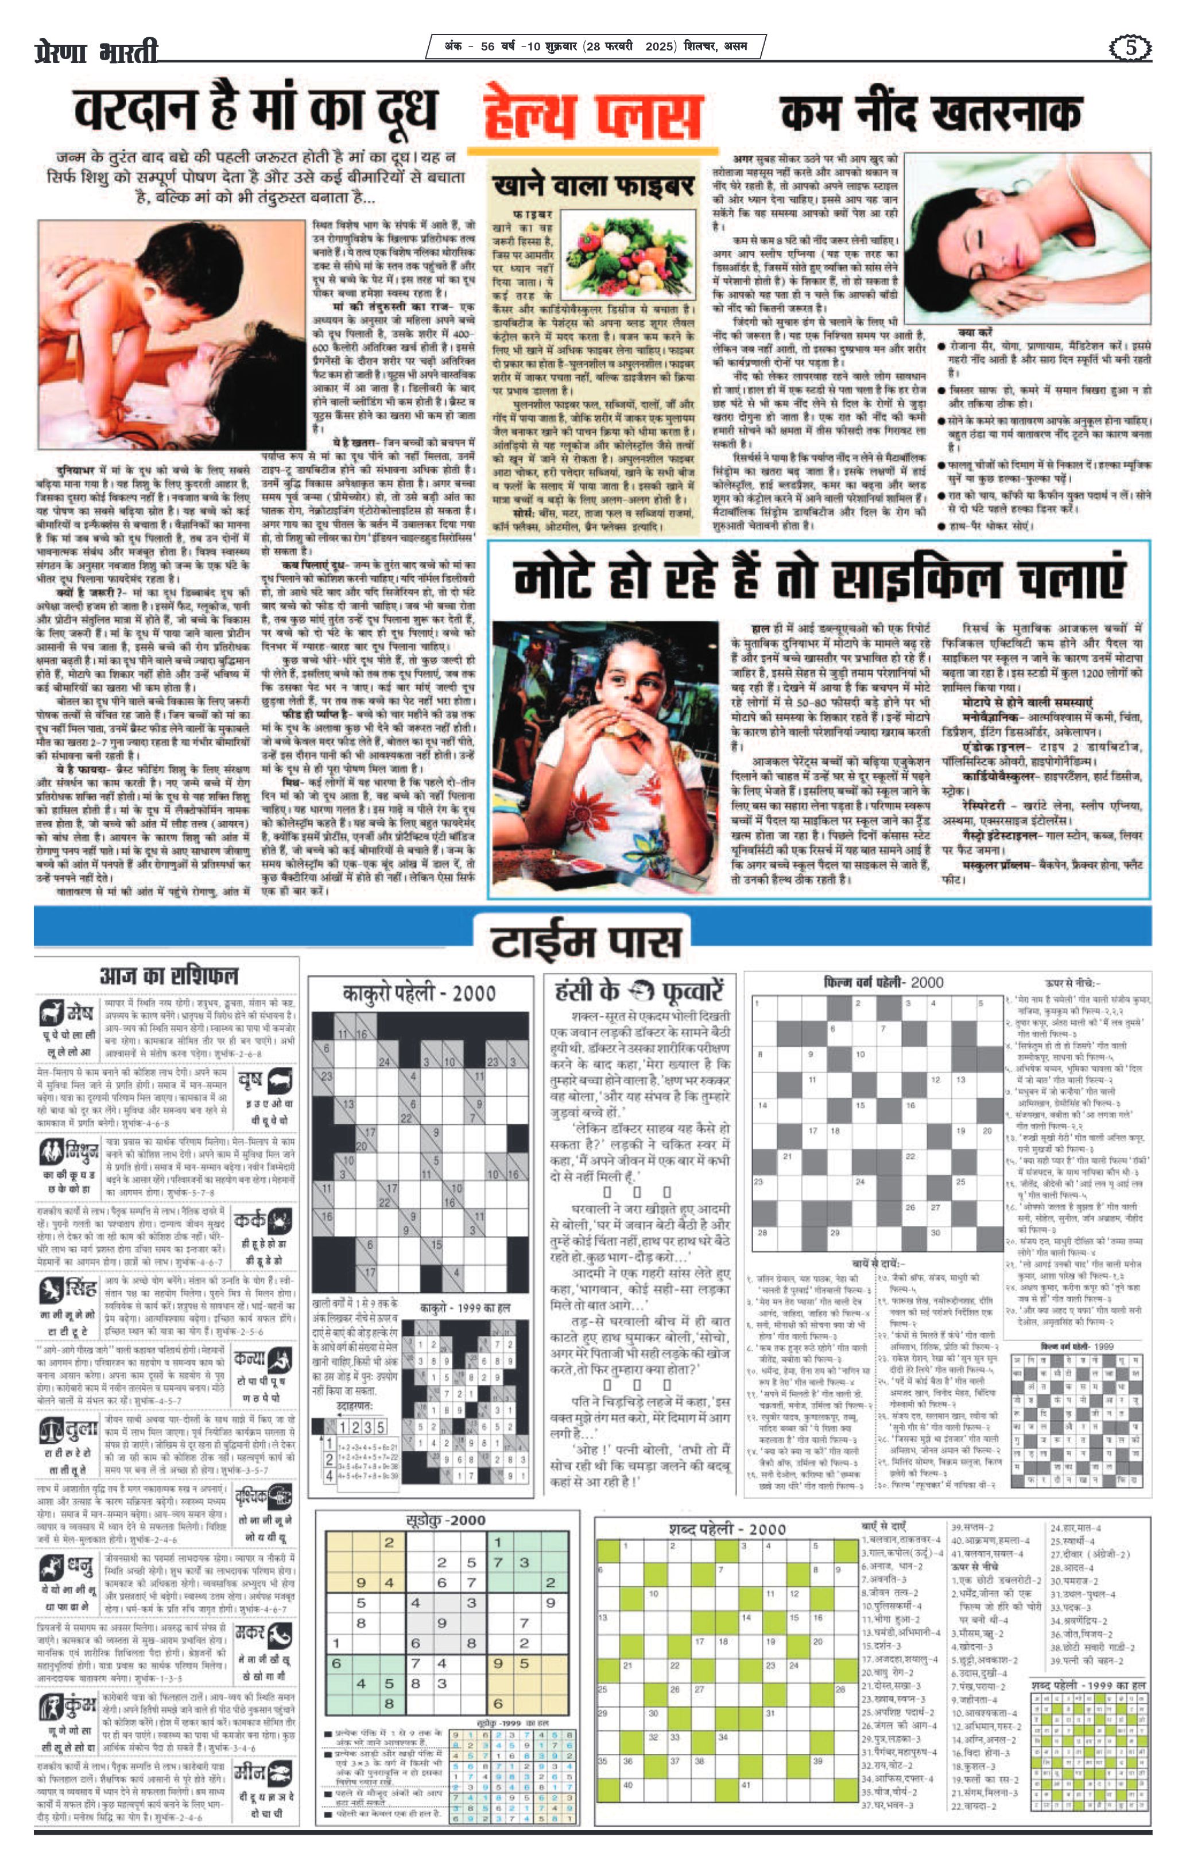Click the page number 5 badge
coord(1130,48)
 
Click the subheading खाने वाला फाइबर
coord(593,186)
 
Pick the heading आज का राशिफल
coord(169,976)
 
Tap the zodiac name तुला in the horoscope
coord(79,1429)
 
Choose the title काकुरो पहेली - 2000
coord(419,993)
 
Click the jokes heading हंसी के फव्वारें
coord(639,990)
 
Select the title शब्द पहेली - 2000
coord(727,1528)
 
